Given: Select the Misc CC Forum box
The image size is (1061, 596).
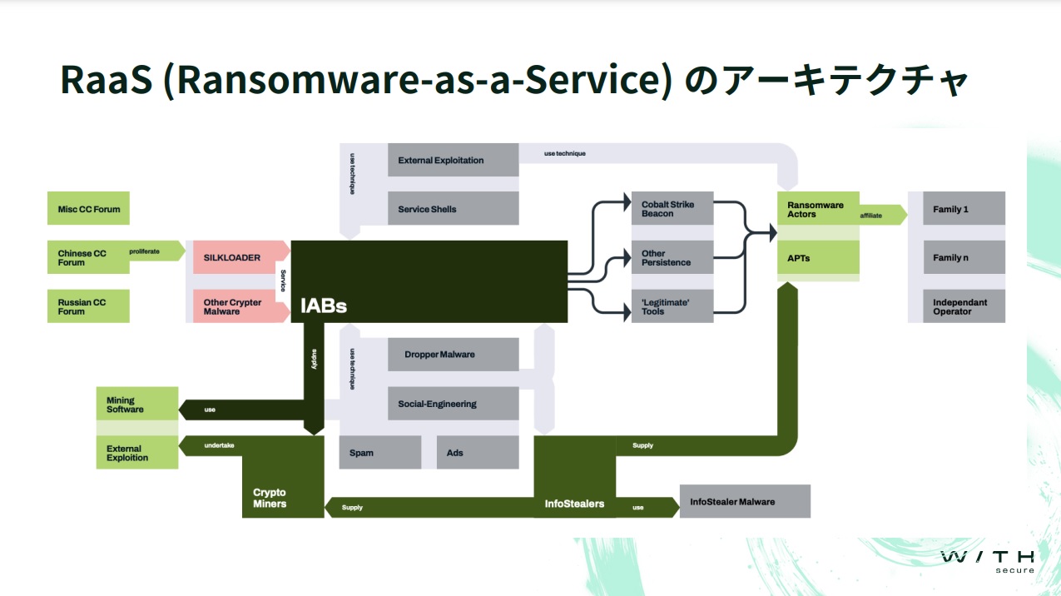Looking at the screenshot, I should coord(88,209).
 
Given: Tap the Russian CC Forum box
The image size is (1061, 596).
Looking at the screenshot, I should coord(88,306).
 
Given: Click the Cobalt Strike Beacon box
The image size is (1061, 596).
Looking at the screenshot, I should coord(672,208).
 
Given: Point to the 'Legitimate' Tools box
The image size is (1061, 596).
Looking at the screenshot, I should coord(672,306).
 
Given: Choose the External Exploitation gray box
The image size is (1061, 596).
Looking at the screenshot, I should coord(453,160).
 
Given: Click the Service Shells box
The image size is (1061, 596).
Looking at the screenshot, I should coord(453,209).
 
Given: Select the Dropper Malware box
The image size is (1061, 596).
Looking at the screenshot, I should coord(453,355).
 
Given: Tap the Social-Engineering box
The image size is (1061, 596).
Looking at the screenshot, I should coord(453,404).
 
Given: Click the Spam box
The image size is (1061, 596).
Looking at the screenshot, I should coord(379,453).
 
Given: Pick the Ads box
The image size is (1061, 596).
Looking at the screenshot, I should coord(477,453).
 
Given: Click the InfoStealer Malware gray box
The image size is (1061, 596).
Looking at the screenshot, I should coord(745,502).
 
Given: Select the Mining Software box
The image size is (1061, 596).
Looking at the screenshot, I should coord(136,404).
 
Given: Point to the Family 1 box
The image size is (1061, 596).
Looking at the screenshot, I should coord(964,209).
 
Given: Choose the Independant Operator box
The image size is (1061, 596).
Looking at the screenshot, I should coord(964,306).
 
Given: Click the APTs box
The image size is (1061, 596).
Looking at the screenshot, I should coord(818,258).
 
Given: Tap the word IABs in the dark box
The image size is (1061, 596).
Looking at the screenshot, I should coord(324,306).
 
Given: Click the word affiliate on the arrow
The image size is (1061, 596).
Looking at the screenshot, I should coord(871,216).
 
